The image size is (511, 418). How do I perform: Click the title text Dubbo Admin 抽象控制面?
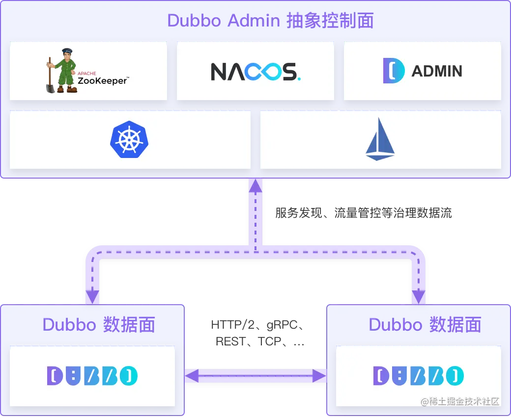270,21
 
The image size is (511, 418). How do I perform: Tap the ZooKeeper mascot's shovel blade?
51,88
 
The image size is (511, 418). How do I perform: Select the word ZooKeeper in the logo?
102,80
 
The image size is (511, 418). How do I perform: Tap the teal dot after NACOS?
299,78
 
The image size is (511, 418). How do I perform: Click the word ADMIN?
437,72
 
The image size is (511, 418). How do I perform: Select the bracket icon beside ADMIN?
394,71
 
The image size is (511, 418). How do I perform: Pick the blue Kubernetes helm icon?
129,139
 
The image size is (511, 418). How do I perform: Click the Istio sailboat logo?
380,139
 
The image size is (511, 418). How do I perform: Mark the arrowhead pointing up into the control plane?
255,185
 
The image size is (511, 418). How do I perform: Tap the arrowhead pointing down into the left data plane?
92,297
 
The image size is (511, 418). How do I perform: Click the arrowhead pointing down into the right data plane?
418,297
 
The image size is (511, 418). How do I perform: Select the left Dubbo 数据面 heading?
99,325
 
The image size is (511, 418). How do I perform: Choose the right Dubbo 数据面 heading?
425,325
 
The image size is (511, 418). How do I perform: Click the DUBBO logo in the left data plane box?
92,376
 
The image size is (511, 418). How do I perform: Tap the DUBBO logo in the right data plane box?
418,376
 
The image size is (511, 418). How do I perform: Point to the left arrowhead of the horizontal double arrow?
192,376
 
